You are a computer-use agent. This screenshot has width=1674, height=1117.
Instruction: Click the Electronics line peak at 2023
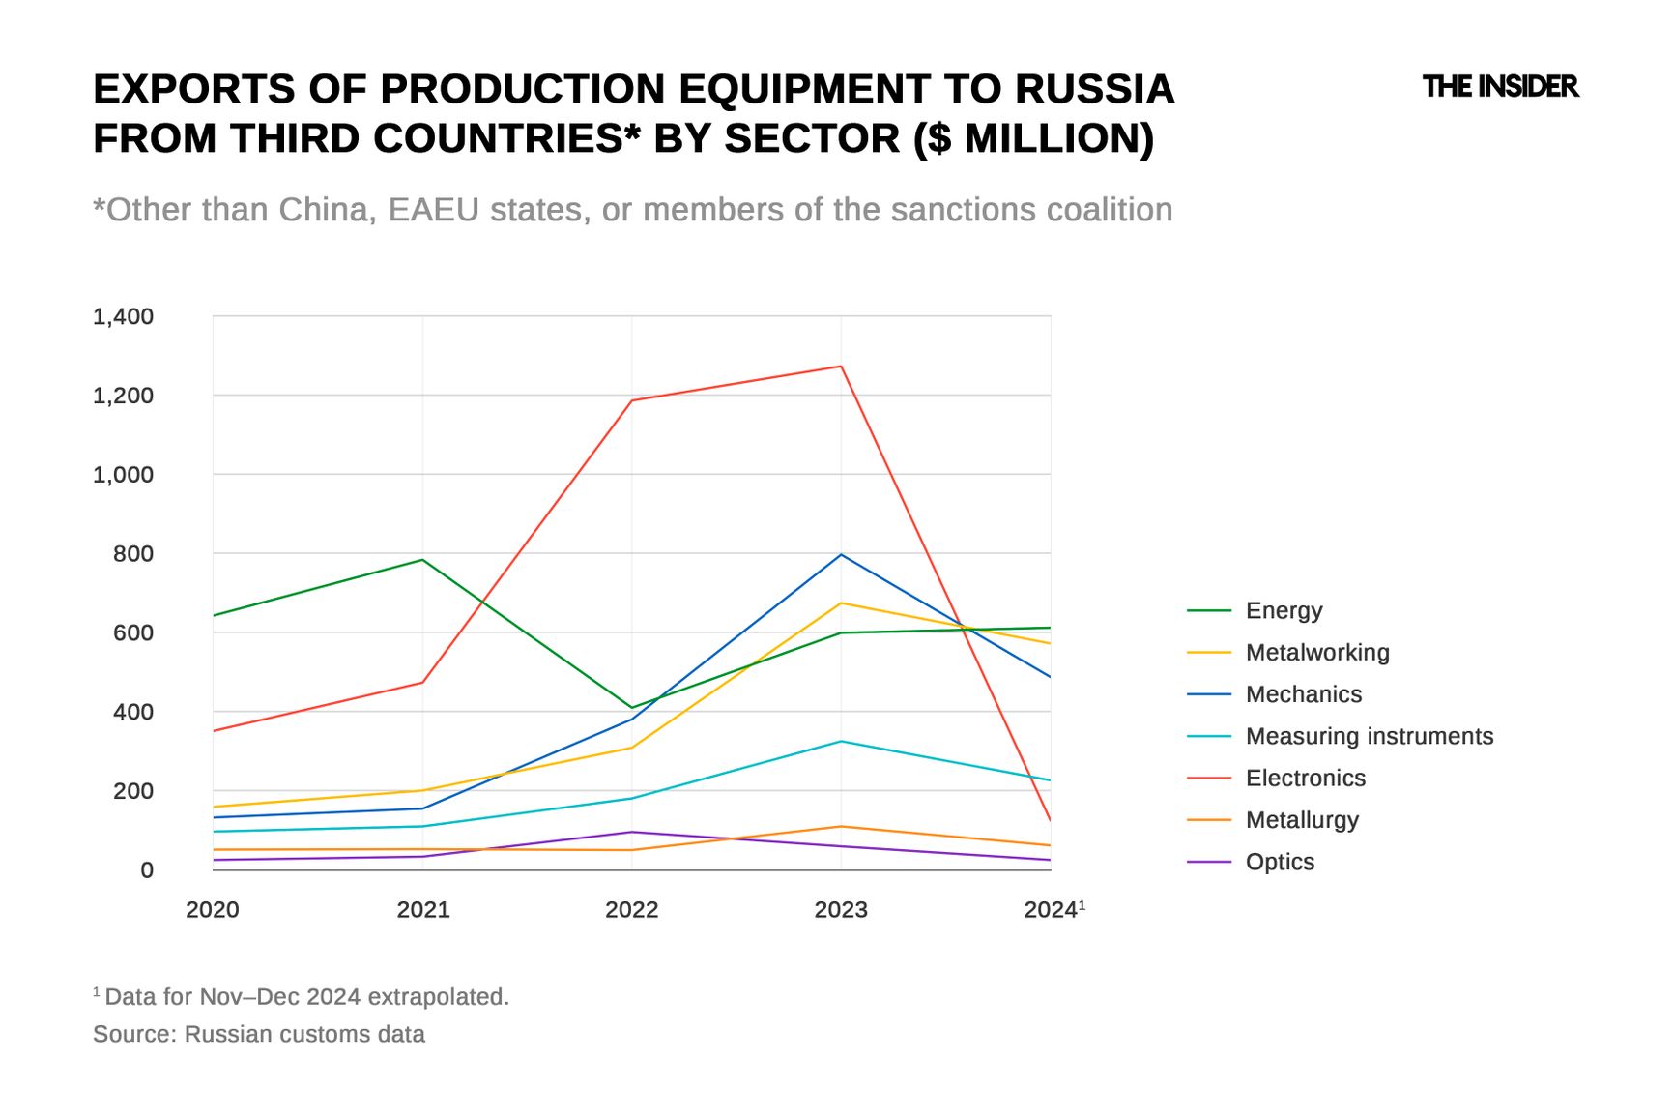pos(841,367)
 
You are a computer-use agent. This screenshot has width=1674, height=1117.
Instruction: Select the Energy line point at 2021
pos(422,560)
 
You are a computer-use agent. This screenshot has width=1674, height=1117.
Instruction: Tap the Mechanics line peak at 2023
pos(841,555)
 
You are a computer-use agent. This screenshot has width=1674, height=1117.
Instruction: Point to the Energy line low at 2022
pos(632,707)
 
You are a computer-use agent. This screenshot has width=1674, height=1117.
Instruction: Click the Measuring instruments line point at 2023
pos(841,742)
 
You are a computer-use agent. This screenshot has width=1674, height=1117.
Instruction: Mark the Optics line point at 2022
pos(632,832)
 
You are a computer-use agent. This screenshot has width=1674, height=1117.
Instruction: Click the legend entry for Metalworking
pos(1316,653)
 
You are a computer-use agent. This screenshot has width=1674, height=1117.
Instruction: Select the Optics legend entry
pos(1280,862)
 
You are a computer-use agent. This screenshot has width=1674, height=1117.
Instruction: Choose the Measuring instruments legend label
pos(1369,736)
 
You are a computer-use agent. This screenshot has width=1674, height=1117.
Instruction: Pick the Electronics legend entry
pos(1305,779)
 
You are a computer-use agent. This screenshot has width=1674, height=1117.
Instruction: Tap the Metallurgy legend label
pos(1302,820)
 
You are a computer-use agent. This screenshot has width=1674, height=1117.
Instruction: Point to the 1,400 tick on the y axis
pos(123,316)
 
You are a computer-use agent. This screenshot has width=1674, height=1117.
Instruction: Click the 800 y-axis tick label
pos(133,554)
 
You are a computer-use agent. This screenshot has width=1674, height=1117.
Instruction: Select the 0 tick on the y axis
pos(147,870)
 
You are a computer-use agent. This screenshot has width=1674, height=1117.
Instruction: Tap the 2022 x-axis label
pos(632,910)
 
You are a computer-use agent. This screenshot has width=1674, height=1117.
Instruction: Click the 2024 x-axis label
pos(1052,910)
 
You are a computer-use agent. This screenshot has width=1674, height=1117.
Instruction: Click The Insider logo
pos(1500,87)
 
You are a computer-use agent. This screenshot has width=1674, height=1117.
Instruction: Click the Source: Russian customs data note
pos(259,1034)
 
